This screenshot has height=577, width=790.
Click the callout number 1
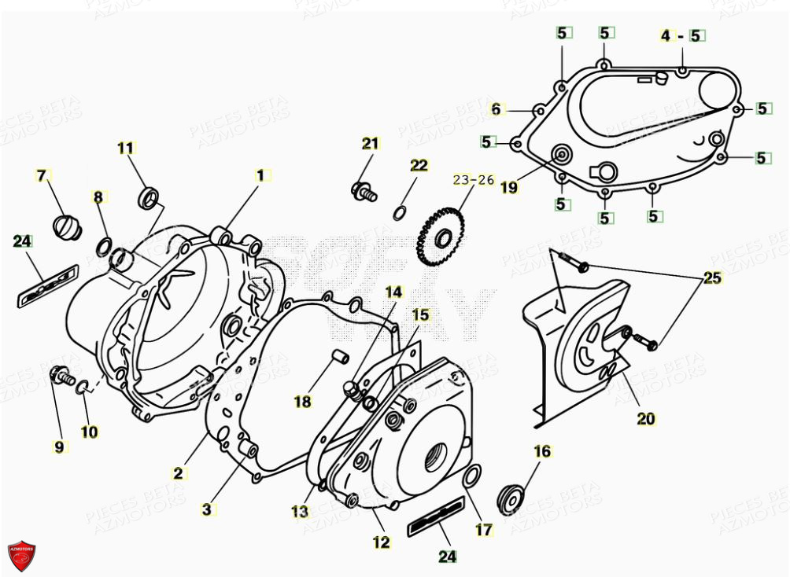coord(260,175)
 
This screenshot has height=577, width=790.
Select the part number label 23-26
coord(474,180)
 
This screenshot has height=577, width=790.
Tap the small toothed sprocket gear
coord(438,233)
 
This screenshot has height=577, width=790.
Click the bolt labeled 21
coord(364,189)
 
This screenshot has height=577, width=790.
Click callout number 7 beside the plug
coord(42,175)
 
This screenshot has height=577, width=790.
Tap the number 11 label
coord(126,147)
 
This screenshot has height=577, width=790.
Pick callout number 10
coord(89,432)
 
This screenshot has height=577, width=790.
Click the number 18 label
coord(303,402)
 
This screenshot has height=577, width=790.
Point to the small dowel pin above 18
coord(341,356)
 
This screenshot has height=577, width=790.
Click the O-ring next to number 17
coord(472,474)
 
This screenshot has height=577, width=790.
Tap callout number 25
coord(712,278)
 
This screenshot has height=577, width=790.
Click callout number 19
coord(509,187)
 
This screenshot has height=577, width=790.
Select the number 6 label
coord(496,109)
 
